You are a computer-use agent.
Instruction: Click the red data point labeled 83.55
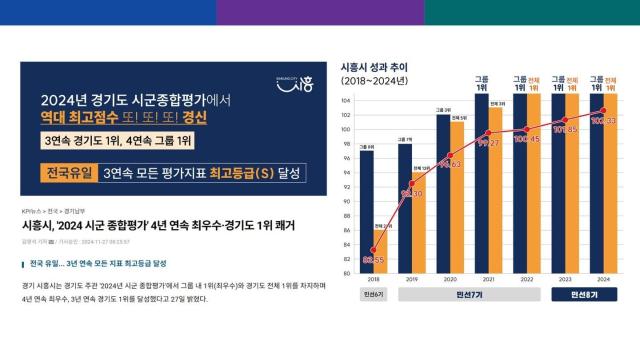tap(374, 251)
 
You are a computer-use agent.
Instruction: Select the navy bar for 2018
tap(367, 211)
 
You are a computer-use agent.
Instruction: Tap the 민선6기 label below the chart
tap(374, 295)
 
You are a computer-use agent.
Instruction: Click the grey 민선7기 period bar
tap(469, 295)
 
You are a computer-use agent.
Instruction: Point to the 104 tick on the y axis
tap(346, 101)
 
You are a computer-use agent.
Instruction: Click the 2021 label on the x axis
tap(488, 281)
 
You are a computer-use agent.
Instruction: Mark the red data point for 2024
tap(603, 111)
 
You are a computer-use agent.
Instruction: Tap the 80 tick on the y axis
tap(346, 273)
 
